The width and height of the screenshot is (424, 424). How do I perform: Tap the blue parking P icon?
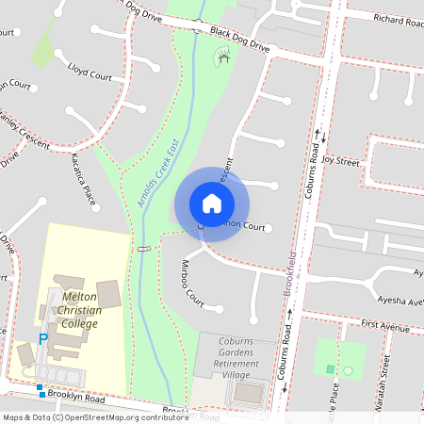42,339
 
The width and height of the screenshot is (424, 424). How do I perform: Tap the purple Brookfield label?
291,274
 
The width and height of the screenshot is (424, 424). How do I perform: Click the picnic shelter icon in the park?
223,58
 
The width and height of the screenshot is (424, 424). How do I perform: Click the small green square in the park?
329,368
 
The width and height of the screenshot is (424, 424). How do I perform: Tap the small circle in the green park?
348,370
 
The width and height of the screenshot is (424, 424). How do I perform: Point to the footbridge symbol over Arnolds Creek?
143,249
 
